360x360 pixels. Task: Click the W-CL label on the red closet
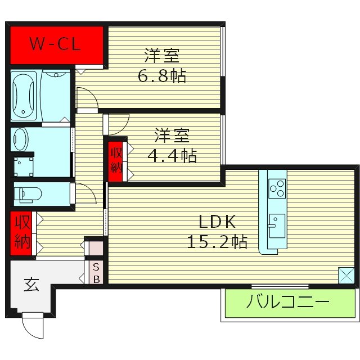click(56, 44)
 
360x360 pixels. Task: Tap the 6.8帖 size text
click(162, 76)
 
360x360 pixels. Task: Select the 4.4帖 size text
click(172, 155)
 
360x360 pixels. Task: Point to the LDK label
click(214, 220)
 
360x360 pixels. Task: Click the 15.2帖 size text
click(217, 242)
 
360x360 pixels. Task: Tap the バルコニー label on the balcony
click(287, 303)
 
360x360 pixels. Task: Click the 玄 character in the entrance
click(31, 285)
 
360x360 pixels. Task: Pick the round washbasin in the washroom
click(20, 138)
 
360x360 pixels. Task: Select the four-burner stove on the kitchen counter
click(276, 188)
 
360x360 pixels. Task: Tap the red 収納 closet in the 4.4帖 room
click(116, 161)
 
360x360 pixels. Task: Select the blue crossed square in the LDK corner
click(346, 275)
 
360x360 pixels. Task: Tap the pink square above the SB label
click(96, 247)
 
